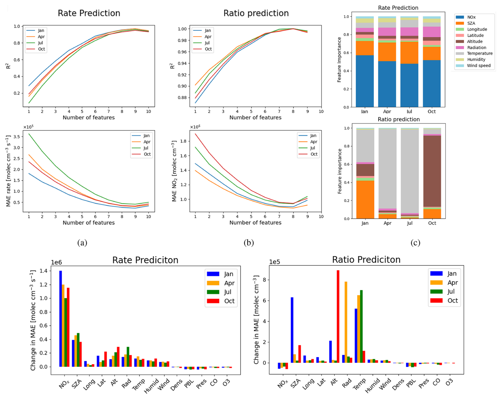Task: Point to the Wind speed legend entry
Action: coord(478,66)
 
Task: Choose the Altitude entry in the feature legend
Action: coord(475,42)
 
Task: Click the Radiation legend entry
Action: coord(476,48)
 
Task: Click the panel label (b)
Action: coord(249,243)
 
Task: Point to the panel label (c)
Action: coord(415,243)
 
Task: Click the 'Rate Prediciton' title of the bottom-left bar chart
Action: coord(145,260)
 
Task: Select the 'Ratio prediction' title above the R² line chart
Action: coord(256,13)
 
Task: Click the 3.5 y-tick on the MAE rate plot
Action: coord(17,137)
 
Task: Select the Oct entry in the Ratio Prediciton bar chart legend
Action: coord(453,301)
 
